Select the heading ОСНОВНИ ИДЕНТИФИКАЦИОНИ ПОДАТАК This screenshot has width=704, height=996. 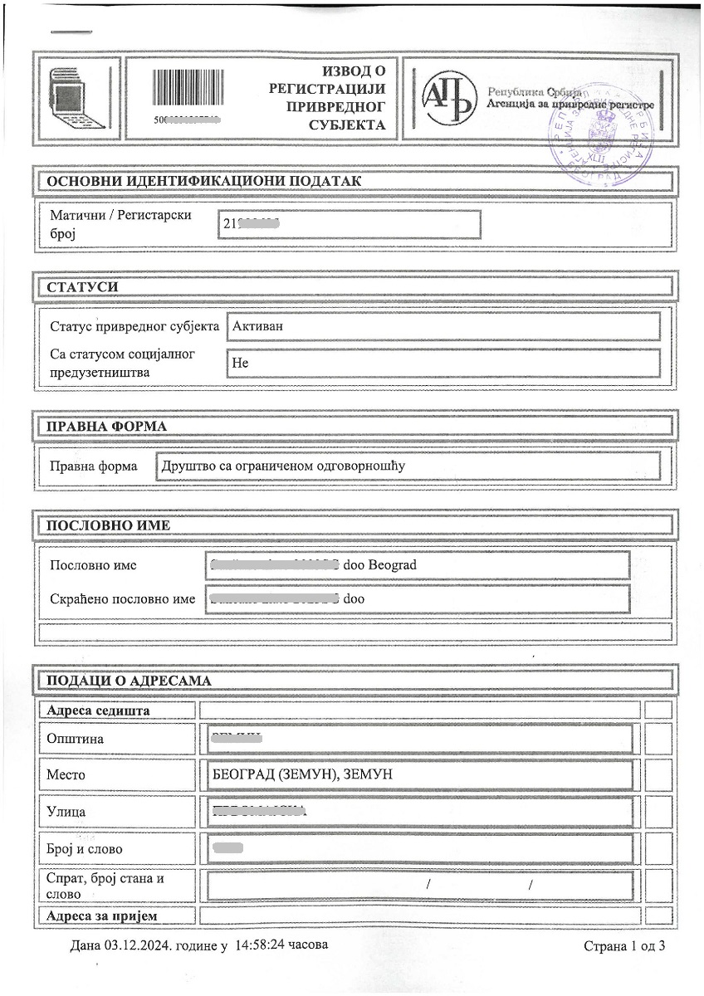coord(203,181)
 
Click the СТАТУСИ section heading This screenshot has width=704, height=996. coord(82,286)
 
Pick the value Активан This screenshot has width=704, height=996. coord(258,325)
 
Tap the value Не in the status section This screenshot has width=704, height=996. coord(241,363)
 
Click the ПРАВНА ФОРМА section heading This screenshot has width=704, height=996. coord(106,426)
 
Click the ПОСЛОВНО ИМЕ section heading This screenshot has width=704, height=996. coord(108,525)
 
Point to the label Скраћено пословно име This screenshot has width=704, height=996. coord(123,599)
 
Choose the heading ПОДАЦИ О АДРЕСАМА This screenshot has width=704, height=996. coord(129,681)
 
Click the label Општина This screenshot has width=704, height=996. coord(77,739)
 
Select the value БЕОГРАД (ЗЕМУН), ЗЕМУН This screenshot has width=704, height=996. coord(302,774)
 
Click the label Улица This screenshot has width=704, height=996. coord(68,812)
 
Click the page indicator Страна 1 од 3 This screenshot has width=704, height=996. coord(624,946)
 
